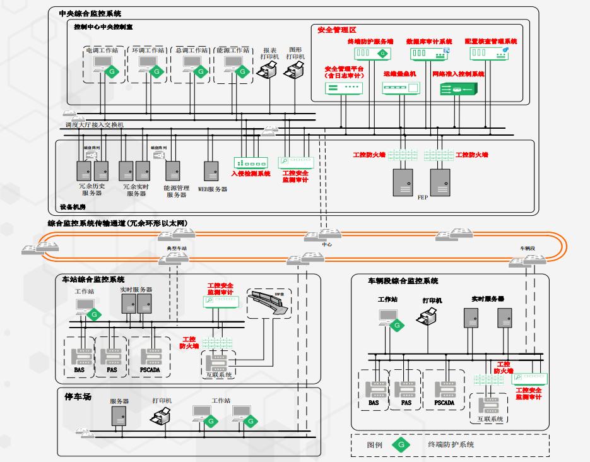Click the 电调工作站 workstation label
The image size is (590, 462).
99,49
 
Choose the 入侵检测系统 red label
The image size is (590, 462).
251,174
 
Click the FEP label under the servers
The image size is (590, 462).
423,198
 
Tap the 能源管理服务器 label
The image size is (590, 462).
177,191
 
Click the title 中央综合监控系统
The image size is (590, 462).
90,13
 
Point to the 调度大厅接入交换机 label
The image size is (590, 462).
95,125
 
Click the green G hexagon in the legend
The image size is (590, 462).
400,444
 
